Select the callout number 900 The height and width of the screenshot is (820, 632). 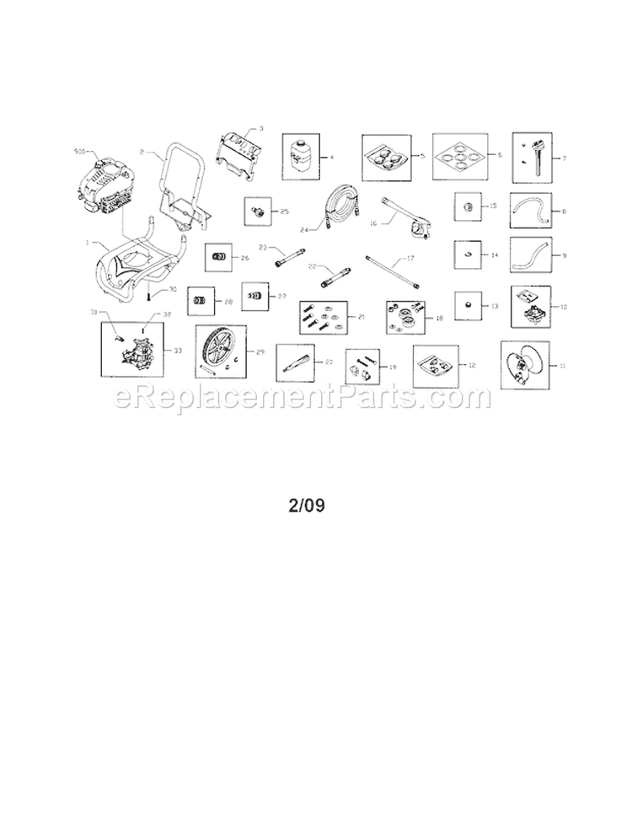click(x=79, y=152)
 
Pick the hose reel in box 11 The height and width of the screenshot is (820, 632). click(x=524, y=364)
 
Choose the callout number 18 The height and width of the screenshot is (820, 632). click(x=439, y=319)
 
